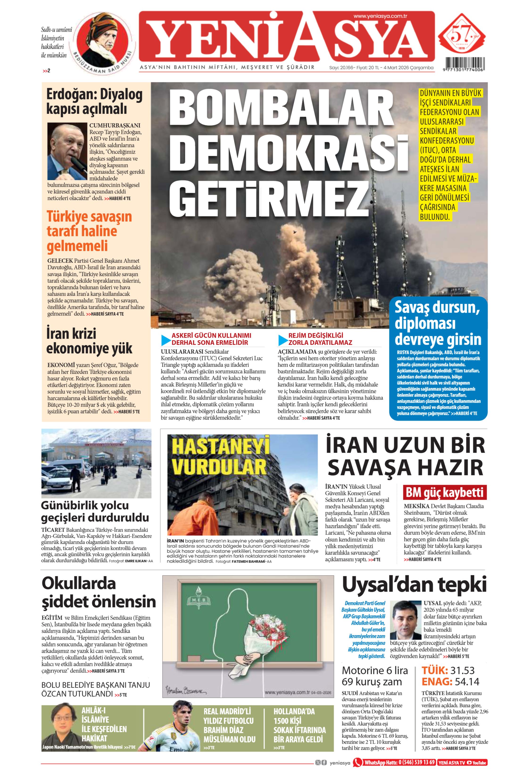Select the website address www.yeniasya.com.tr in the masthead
(x=380, y=16)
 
